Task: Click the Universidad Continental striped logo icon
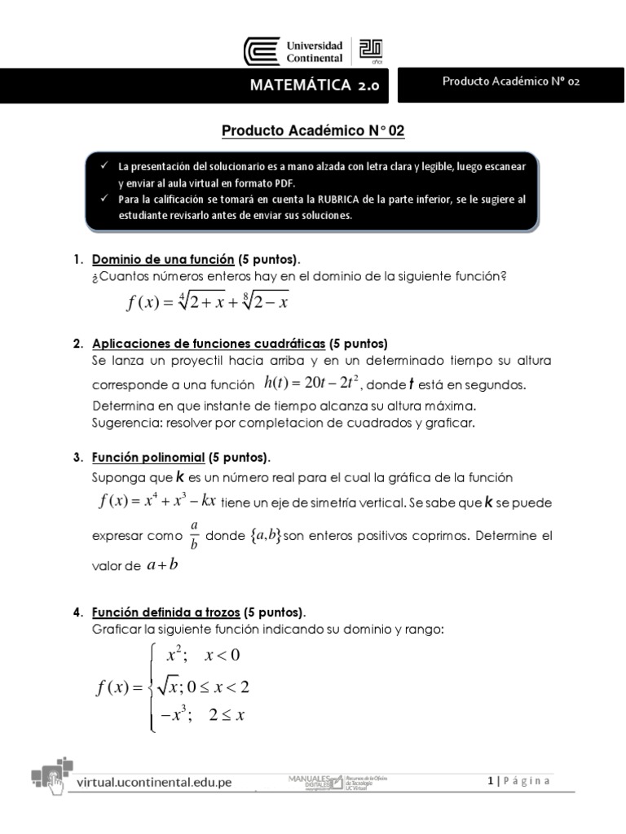tap(262, 51)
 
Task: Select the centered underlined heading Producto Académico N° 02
tap(313, 130)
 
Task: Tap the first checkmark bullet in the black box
tap(104, 165)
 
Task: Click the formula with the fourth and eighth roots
tap(208, 302)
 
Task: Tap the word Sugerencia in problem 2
tap(126, 423)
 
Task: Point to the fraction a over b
tap(193, 535)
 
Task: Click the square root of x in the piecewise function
tap(171, 686)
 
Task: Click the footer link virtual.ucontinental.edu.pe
tap(154, 782)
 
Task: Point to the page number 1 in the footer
tap(491, 781)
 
